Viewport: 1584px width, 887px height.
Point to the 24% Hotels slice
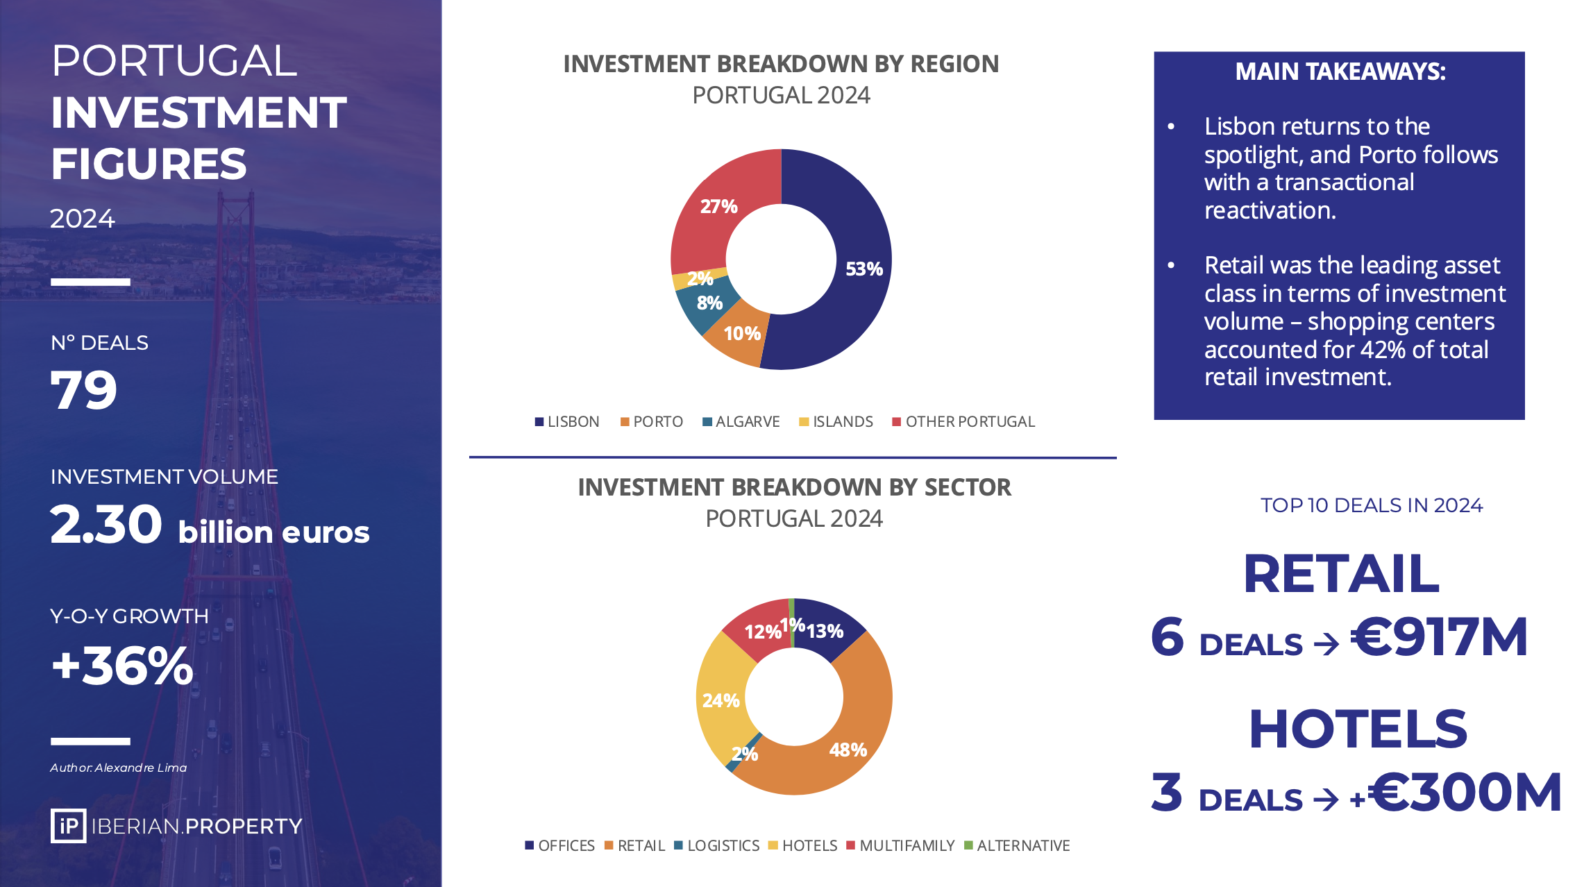pyautogui.click(x=722, y=701)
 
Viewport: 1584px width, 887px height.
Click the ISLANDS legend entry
pyautogui.click(x=836, y=422)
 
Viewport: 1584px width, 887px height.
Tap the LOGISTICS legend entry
pyautogui.click(x=717, y=846)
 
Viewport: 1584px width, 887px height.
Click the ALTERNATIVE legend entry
pyautogui.click(x=1017, y=846)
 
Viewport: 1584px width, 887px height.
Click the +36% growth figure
pyautogui.click(x=122, y=665)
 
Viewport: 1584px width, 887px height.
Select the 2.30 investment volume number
pyautogui.click(x=106, y=524)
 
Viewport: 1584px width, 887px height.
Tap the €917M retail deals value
pyautogui.click(x=1439, y=636)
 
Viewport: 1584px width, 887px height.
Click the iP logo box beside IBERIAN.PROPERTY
pyautogui.click(x=68, y=826)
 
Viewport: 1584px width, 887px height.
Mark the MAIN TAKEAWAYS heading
pyautogui.click(x=1340, y=71)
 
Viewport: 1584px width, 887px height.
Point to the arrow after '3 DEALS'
pyautogui.click(x=1326, y=800)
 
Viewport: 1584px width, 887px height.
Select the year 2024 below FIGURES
pyautogui.click(x=83, y=219)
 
